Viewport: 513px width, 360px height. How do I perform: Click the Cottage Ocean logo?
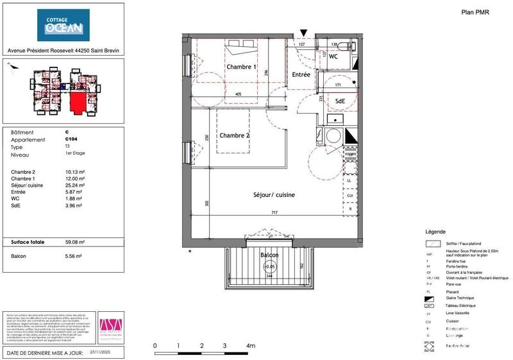(x=63, y=25)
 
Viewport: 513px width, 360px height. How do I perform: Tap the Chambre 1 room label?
(x=241, y=67)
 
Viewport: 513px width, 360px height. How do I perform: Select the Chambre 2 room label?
(x=235, y=135)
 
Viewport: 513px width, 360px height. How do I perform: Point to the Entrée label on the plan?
(x=301, y=75)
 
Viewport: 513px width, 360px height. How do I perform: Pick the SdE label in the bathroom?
(x=336, y=101)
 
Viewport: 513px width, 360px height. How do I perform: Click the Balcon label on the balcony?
(x=269, y=255)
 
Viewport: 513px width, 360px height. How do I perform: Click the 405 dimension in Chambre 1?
(x=238, y=95)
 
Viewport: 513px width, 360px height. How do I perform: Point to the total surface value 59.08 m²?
(x=75, y=243)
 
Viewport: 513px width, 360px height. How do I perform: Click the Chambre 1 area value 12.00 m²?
(x=75, y=178)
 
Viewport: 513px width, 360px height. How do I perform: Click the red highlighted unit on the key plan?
(x=79, y=101)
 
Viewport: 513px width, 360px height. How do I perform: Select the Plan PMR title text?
(x=475, y=12)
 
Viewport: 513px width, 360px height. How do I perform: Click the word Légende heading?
(x=437, y=232)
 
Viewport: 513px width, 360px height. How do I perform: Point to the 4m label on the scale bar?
(x=251, y=346)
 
